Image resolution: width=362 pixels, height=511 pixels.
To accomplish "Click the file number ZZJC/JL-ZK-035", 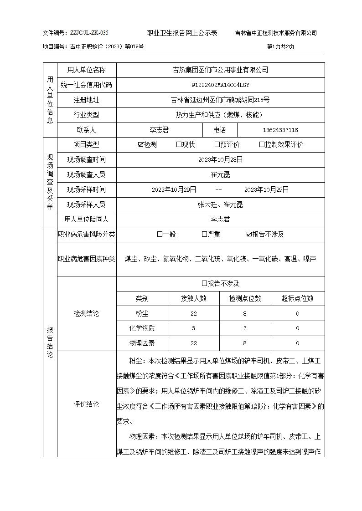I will pyautogui.click(x=89, y=33).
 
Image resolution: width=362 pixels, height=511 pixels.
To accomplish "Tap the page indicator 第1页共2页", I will pyautogui.click(x=280, y=46).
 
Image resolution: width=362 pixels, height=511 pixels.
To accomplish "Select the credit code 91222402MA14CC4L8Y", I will pyautogui.click(x=220, y=85).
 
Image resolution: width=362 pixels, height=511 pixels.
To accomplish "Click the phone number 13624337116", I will pyautogui.click(x=280, y=130).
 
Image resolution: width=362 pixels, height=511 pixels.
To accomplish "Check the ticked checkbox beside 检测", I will pyautogui.click(x=140, y=145).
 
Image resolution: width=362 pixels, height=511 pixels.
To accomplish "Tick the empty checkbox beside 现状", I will pyautogui.click(x=179, y=145).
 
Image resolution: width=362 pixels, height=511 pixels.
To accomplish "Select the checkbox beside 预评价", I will pyautogui.click(x=217, y=145).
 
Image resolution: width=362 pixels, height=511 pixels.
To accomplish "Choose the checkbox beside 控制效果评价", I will pyautogui.click(x=262, y=145).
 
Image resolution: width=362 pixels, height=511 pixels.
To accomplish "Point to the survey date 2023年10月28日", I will pyautogui.click(x=220, y=160).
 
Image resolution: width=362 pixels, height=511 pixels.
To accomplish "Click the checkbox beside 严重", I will pyautogui.click(x=204, y=235).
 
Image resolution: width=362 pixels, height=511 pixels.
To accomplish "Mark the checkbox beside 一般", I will pyautogui.click(x=160, y=235).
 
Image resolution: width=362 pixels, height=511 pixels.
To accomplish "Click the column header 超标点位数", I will pyautogui.click(x=297, y=299).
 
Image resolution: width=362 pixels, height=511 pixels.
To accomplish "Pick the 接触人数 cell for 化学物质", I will pyautogui.click(x=193, y=328).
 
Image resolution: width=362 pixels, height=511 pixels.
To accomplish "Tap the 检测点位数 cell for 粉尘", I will pyautogui.click(x=245, y=314).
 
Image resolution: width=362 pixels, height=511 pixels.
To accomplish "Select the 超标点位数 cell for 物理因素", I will pyautogui.click(x=297, y=343).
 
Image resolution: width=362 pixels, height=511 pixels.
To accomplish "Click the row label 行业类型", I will pyautogui.click(x=86, y=115).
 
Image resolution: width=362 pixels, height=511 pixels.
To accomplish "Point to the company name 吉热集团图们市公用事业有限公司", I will pyautogui.click(x=220, y=70).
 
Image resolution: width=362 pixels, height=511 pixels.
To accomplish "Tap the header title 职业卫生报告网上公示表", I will pyautogui.click(x=182, y=33).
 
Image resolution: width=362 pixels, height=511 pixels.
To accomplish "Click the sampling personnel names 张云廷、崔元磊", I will pyautogui.click(x=220, y=204).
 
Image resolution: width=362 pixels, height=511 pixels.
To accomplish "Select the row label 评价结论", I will pyautogui.click(x=86, y=404).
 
